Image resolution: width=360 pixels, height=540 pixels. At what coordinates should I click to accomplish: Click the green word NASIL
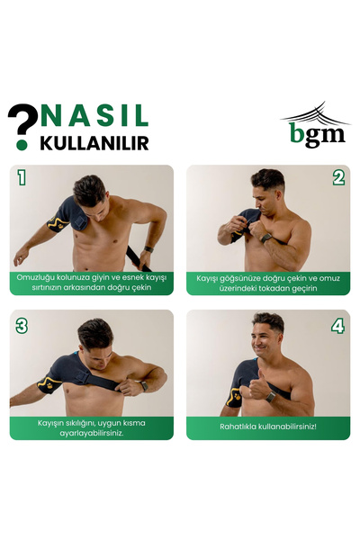(94, 115)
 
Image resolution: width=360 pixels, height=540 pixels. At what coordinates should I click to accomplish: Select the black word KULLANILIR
(94, 143)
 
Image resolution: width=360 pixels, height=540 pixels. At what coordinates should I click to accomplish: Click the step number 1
(22, 177)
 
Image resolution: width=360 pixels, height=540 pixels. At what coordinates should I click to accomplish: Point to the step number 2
(339, 178)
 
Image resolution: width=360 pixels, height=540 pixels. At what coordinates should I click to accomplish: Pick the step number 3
(22, 326)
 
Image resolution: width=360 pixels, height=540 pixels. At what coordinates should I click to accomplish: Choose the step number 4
(338, 326)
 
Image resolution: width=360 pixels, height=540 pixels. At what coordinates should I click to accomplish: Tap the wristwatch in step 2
(266, 238)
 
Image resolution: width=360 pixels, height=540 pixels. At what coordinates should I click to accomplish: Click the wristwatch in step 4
(270, 397)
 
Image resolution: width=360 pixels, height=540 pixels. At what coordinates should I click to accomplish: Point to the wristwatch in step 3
(144, 386)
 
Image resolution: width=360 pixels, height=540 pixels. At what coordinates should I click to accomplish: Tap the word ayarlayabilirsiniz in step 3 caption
(92, 433)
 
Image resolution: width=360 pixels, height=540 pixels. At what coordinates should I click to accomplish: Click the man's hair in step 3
(96, 333)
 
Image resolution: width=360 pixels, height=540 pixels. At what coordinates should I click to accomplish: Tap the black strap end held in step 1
(139, 259)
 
